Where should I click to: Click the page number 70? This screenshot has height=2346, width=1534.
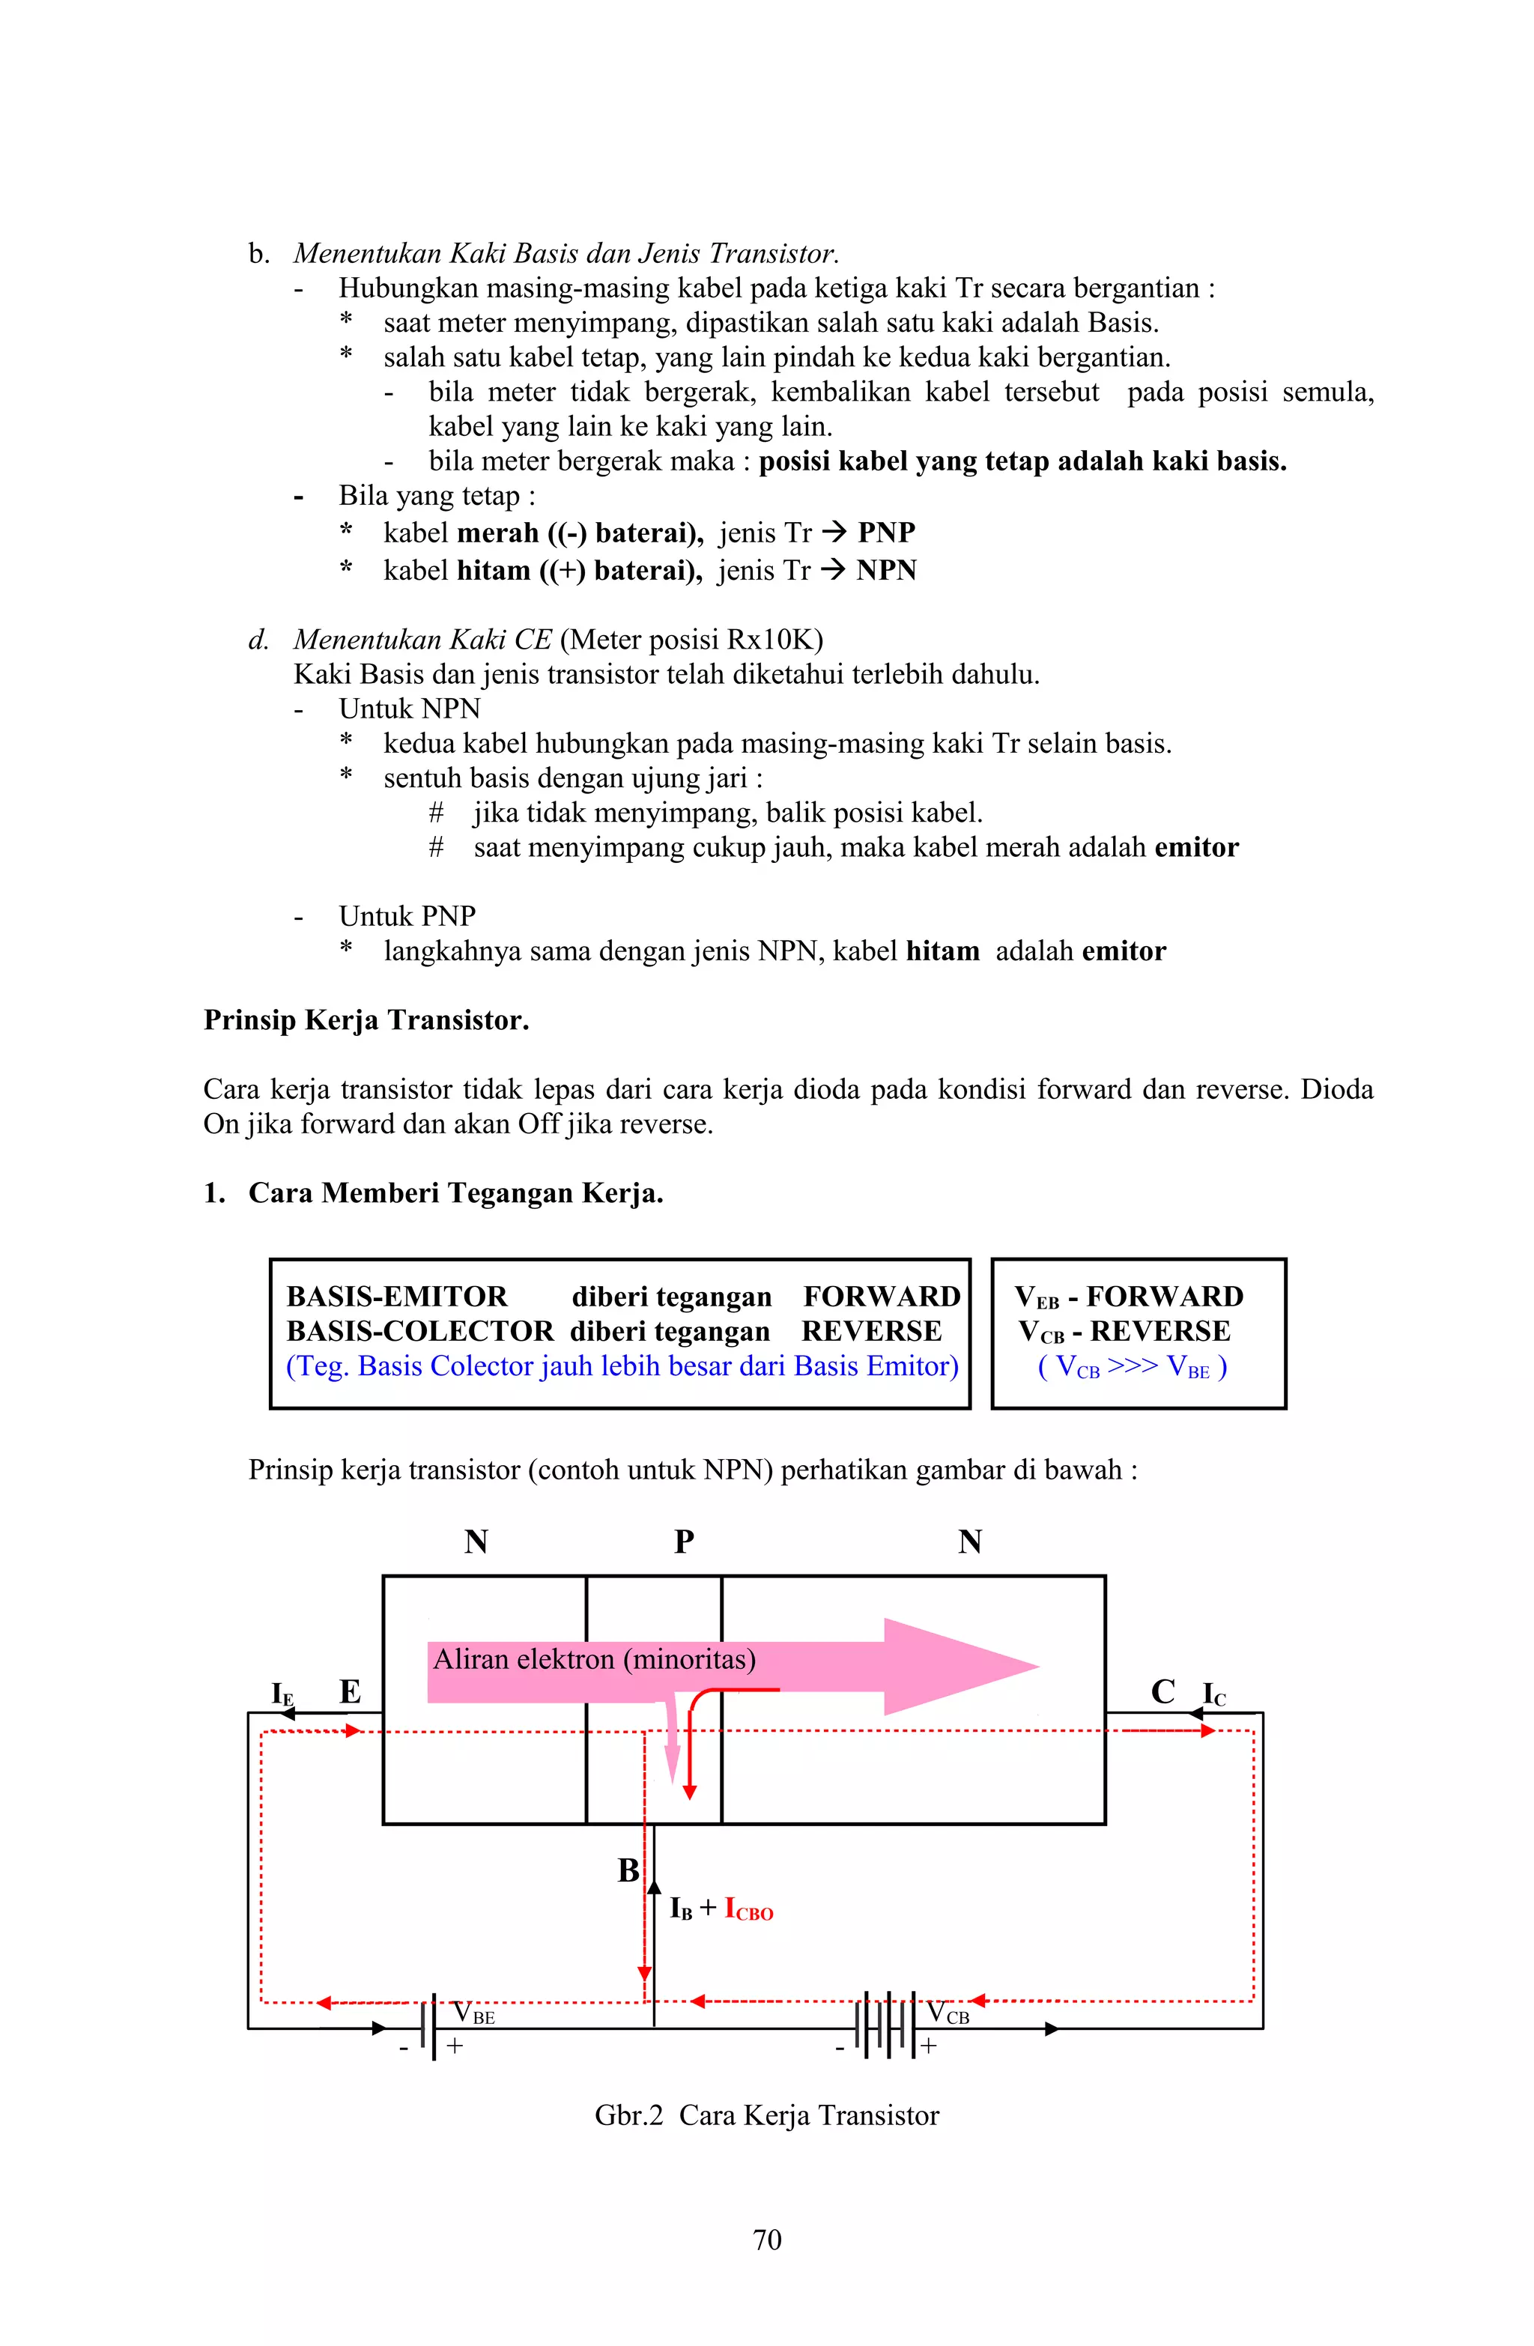[x=766, y=2240]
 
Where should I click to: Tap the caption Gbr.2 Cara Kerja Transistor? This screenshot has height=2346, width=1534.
[x=766, y=2115]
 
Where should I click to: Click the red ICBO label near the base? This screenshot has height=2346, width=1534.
[x=748, y=1909]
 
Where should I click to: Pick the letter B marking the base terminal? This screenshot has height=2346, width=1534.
[x=628, y=1870]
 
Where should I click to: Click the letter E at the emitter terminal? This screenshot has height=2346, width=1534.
[x=350, y=1691]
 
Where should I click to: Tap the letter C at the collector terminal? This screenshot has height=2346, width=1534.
[x=1162, y=1691]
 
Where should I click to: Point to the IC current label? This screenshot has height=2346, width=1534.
[x=1213, y=1694]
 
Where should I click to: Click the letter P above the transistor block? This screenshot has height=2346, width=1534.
[x=683, y=1541]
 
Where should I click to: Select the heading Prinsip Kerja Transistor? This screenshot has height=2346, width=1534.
[x=366, y=1019]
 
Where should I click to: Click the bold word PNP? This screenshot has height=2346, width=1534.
[x=885, y=533]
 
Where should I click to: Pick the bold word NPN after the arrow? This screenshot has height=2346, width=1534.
[x=885, y=570]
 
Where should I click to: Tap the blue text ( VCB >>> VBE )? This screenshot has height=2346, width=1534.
[x=1132, y=1366]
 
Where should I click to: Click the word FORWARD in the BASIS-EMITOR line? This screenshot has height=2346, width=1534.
[x=882, y=1296]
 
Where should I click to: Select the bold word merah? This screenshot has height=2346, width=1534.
[x=498, y=533]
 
